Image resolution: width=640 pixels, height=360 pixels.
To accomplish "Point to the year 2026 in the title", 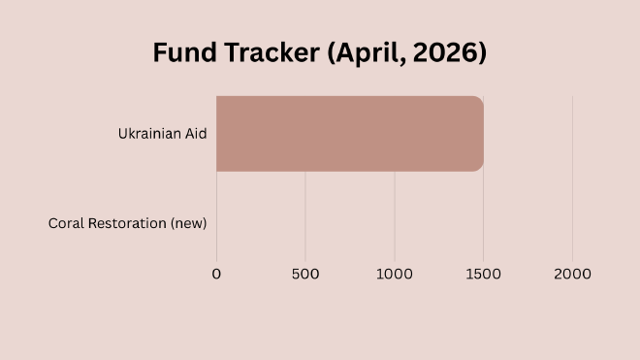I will [x=449, y=52].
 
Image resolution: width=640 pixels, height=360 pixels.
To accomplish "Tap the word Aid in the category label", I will [x=195, y=134].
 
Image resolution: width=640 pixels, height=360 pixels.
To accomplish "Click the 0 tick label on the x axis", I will [x=216, y=274].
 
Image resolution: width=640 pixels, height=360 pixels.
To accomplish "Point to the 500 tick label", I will [x=305, y=274].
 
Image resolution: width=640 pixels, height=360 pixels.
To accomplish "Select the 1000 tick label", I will [x=394, y=274].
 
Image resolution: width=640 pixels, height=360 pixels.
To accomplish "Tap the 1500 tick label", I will [x=483, y=274].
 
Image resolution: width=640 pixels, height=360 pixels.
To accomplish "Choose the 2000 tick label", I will [x=572, y=274].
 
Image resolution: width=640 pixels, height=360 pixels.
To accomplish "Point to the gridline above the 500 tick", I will [x=305, y=213].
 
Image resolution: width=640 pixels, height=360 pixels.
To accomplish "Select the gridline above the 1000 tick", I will [x=395, y=213].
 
